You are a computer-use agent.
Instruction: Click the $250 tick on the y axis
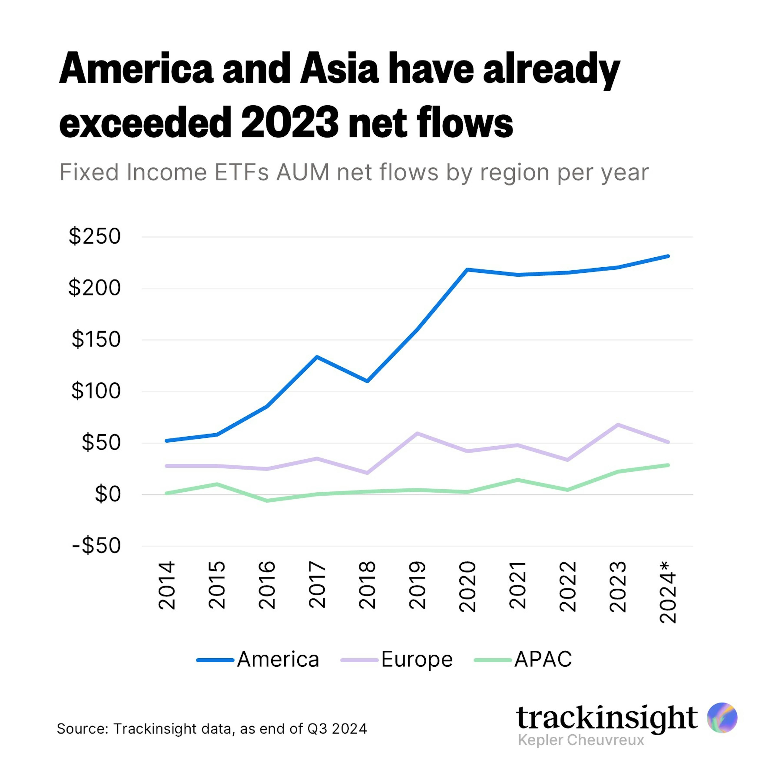(x=94, y=236)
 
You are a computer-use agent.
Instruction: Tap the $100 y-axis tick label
(x=96, y=391)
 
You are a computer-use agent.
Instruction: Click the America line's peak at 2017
(x=317, y=357)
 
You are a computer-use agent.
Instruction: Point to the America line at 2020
(x=467, y=269)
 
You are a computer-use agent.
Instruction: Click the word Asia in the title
(x=339, y=69)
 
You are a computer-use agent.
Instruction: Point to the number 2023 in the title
(x=290, y=122)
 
